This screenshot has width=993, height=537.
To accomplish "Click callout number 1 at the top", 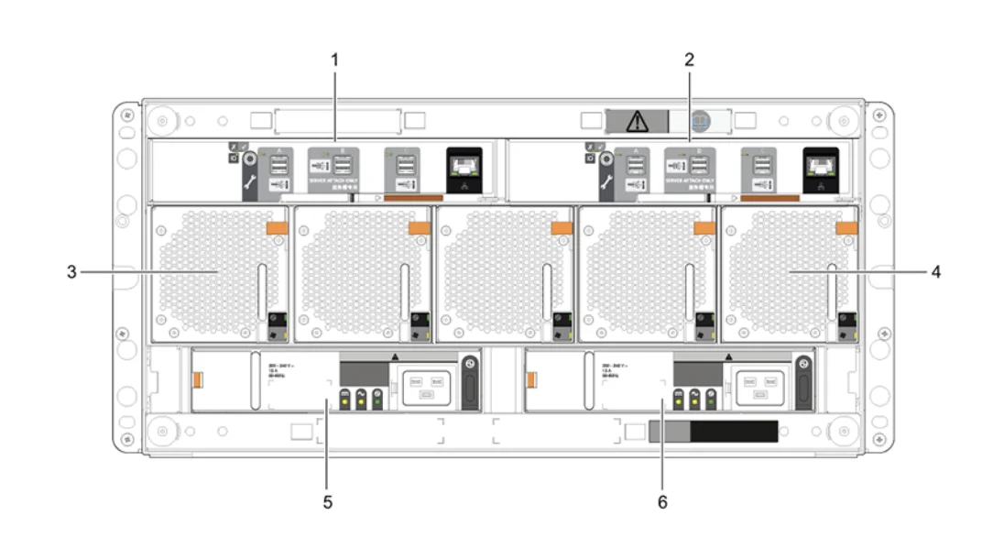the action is pos(334,60).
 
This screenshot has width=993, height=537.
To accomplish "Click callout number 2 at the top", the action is pos(690,60).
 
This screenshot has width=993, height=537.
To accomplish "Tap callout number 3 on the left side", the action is pos(71,272).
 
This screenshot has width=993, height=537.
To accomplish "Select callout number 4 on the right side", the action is pos(935,272).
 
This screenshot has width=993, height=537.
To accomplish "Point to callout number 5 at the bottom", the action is pos(329,502).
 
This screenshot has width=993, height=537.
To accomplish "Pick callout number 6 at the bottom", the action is pos(663,502).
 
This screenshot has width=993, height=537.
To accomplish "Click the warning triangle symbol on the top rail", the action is pos(636,120).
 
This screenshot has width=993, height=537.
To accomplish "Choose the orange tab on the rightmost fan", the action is pos(846,226).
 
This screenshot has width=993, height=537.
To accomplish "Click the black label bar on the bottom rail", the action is pos(733,432).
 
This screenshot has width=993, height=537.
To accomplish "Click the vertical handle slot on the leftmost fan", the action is pos(260,291).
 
